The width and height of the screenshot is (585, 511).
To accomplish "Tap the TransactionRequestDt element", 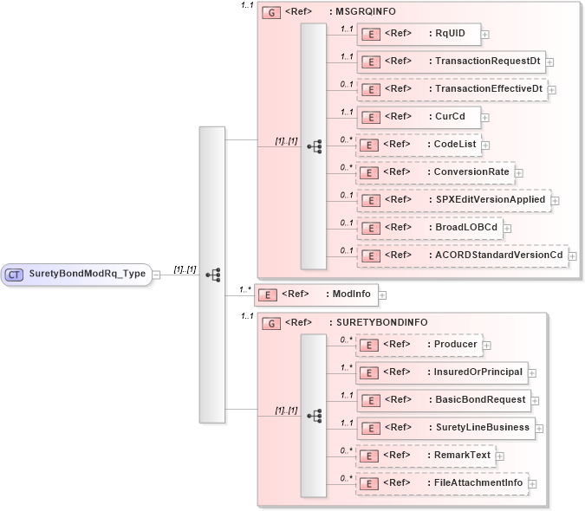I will pyautogui.click(x=451, y=61).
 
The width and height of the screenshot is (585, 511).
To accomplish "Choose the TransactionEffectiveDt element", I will pyautogui.click(x=452, y=89).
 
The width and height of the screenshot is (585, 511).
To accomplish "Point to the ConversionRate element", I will pyautogui.click(x=434, y=172).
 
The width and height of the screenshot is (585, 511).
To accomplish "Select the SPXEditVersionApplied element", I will pyautogui.click(x=453, y=200).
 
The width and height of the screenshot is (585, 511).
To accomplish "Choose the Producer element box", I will pyautogui.click(x=419, y=345).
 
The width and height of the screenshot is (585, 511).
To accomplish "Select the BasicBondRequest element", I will pyautogui.click(x=444, y=400).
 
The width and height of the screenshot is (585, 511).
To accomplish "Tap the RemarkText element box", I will pyautogui.click(x=426, y=456).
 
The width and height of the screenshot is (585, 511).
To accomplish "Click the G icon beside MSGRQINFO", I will pyautogui.click(x=270, y=14).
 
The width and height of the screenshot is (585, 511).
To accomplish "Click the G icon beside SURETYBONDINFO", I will pyautogui.click(x=270, y=323).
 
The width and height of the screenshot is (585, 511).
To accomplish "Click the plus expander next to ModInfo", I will pyautogui.click(x=382, y=295).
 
